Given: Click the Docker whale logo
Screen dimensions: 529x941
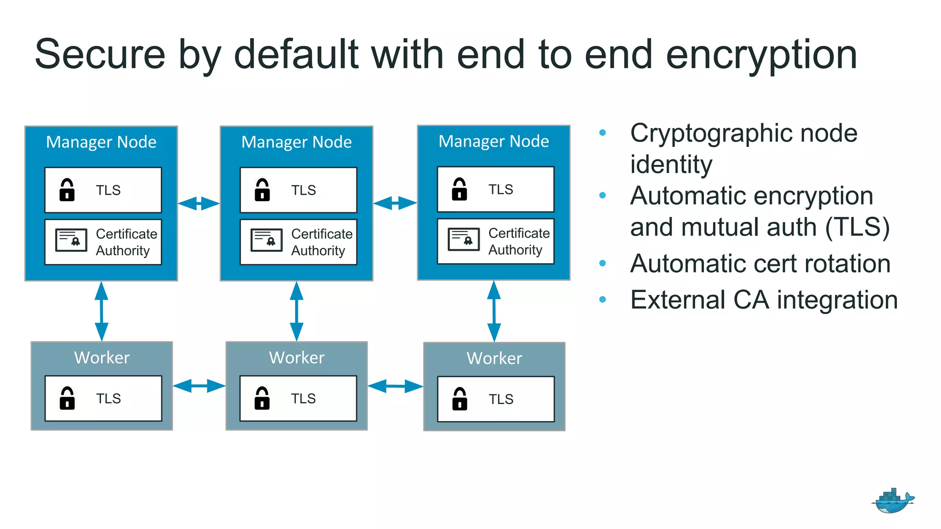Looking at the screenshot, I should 893,501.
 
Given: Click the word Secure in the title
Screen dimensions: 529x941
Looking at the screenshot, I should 100,55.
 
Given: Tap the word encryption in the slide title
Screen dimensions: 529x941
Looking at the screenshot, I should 761,55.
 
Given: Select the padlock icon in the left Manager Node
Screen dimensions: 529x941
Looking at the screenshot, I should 67,190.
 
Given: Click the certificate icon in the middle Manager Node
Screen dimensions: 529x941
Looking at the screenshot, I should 266,240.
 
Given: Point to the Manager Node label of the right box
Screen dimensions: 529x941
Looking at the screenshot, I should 493,141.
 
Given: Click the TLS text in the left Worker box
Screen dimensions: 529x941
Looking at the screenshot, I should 108,399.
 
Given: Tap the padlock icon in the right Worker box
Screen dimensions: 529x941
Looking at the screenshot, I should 459,399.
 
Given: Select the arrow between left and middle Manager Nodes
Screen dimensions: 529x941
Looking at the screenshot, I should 199,203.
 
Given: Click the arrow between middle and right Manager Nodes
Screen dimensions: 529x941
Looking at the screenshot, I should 395,203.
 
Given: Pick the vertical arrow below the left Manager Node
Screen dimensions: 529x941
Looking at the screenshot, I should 102,311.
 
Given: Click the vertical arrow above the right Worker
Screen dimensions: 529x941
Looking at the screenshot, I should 494,311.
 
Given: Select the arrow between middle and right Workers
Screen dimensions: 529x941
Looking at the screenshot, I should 395,386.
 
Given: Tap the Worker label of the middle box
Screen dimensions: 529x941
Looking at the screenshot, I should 297,358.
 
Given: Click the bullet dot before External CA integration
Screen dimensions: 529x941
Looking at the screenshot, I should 603,300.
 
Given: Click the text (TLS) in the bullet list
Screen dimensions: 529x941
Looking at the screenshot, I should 857,227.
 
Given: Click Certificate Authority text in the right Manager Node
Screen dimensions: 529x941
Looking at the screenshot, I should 519,242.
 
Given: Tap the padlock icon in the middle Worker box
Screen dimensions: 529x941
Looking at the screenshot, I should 262,399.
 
